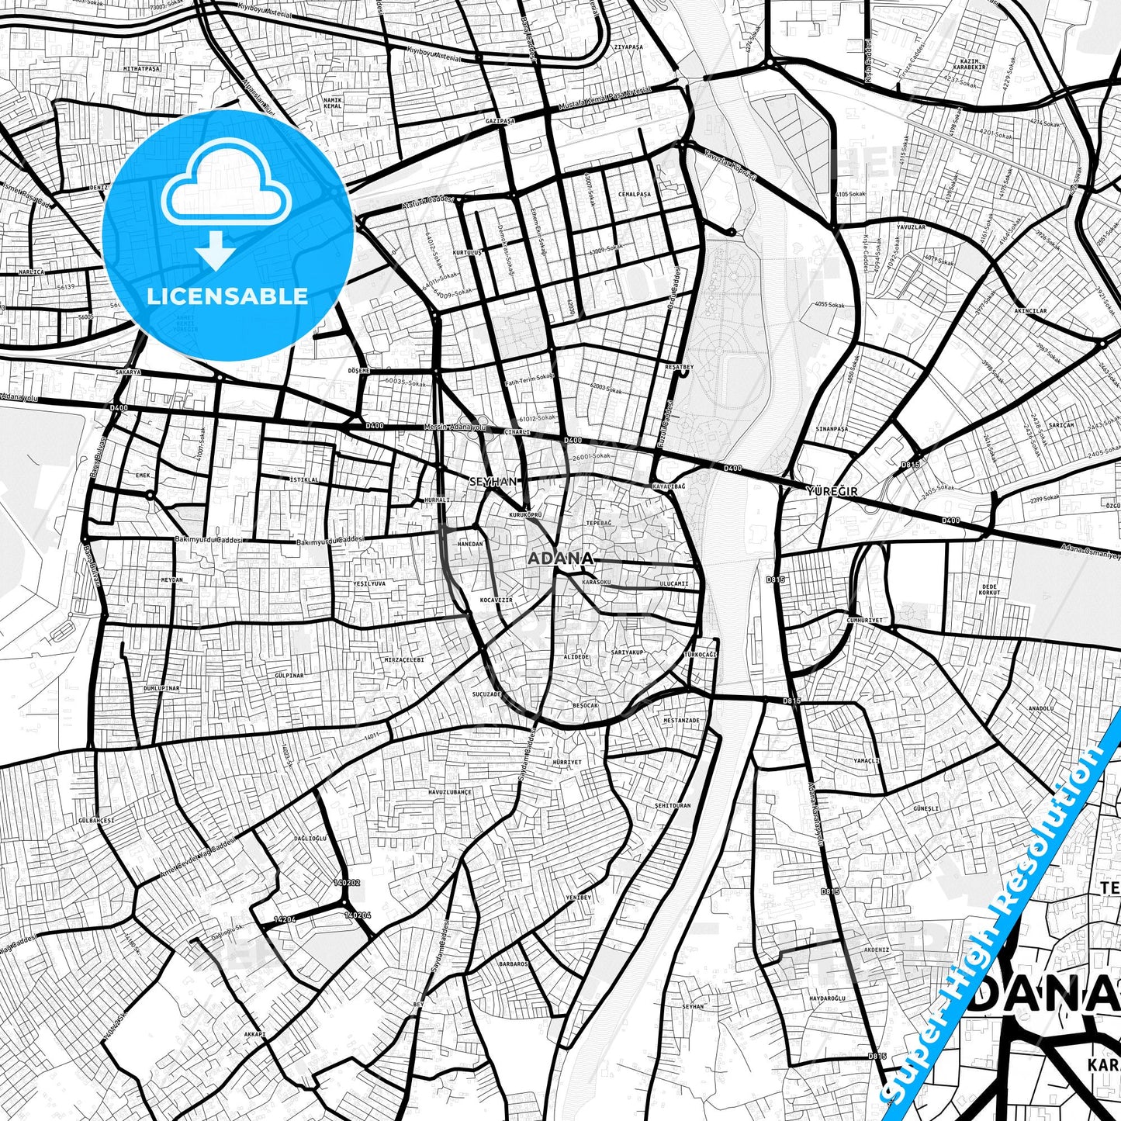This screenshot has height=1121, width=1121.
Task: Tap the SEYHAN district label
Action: (x=493, y=481)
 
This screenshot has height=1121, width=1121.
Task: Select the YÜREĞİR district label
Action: (x=832, y=491)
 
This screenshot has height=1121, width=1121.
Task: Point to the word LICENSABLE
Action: (x=227, y=296)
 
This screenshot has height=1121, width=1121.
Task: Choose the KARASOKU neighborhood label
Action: (x=597, y=581)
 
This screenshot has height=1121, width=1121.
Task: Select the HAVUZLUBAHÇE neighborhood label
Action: (x=450, y=792)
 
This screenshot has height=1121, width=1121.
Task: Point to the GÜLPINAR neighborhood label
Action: (x=289, y=676)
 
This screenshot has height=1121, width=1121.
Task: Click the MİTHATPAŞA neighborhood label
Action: (x=141, y=68)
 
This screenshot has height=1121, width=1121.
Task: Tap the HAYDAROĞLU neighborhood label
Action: (x=827, y=998)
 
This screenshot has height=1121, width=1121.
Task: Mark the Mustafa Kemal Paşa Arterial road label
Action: (x=604, y=97)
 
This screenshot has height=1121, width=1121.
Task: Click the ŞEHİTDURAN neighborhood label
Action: (x=672, y=805)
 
